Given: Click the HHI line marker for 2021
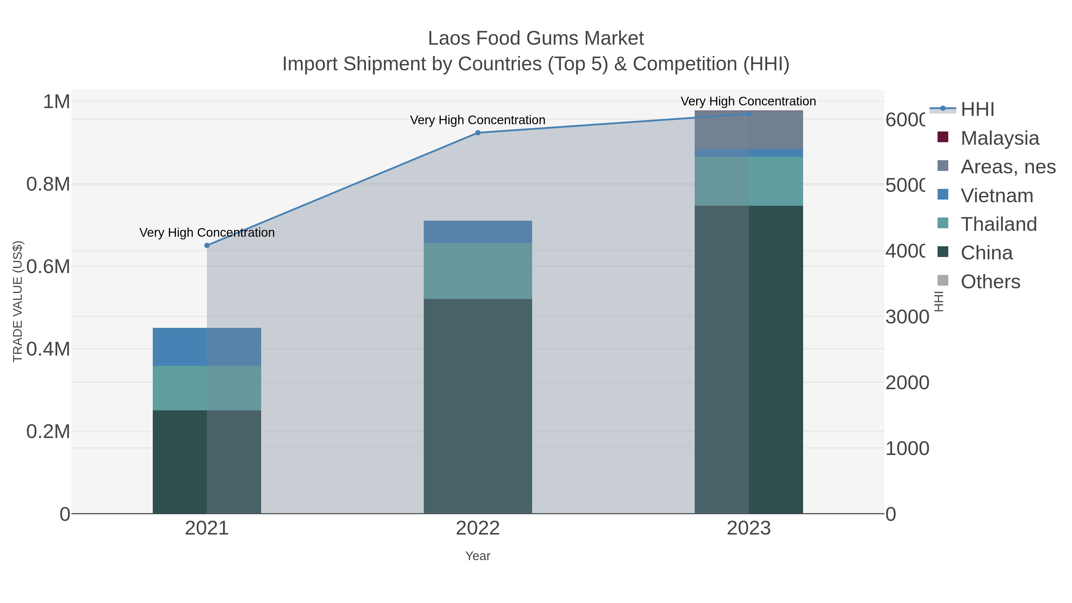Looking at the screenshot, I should click(207, 246).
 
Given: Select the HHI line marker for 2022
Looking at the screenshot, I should click(478, 133).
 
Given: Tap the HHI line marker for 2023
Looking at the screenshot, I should click(749, 114).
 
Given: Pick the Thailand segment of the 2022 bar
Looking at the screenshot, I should click(478, 271).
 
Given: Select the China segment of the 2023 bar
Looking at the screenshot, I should click(749, 359).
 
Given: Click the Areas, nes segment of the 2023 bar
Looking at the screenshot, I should click(749, 130).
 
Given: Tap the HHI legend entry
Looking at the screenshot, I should click(977, 110).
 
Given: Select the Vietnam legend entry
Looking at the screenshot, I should click(997, 196).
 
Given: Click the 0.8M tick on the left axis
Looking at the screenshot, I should click(48, 184).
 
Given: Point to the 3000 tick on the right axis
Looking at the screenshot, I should click(907, 317).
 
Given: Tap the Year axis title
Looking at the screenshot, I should click(478, 556).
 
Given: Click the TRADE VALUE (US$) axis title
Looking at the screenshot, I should click(18, 301).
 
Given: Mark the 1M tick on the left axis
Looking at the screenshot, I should click(57, 102).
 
